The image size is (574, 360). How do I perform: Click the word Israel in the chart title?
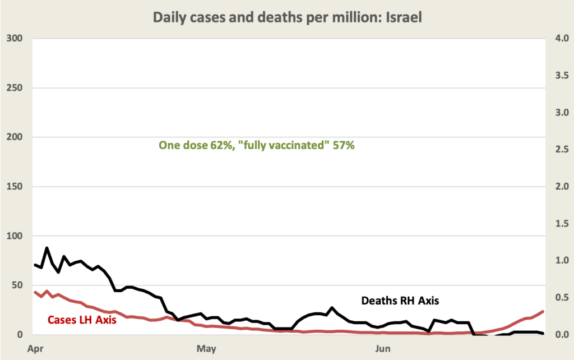402,18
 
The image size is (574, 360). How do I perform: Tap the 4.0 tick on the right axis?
561,39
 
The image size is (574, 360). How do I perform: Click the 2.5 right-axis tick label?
561,150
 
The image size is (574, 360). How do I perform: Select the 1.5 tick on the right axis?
561,224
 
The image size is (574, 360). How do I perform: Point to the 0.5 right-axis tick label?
561,298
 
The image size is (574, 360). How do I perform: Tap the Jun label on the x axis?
383,349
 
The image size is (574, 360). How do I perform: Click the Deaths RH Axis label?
400,301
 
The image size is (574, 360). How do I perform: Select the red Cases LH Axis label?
81,320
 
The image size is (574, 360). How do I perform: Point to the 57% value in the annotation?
344,146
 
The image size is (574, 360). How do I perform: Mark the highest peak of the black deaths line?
47,247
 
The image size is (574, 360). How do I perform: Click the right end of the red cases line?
543,311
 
